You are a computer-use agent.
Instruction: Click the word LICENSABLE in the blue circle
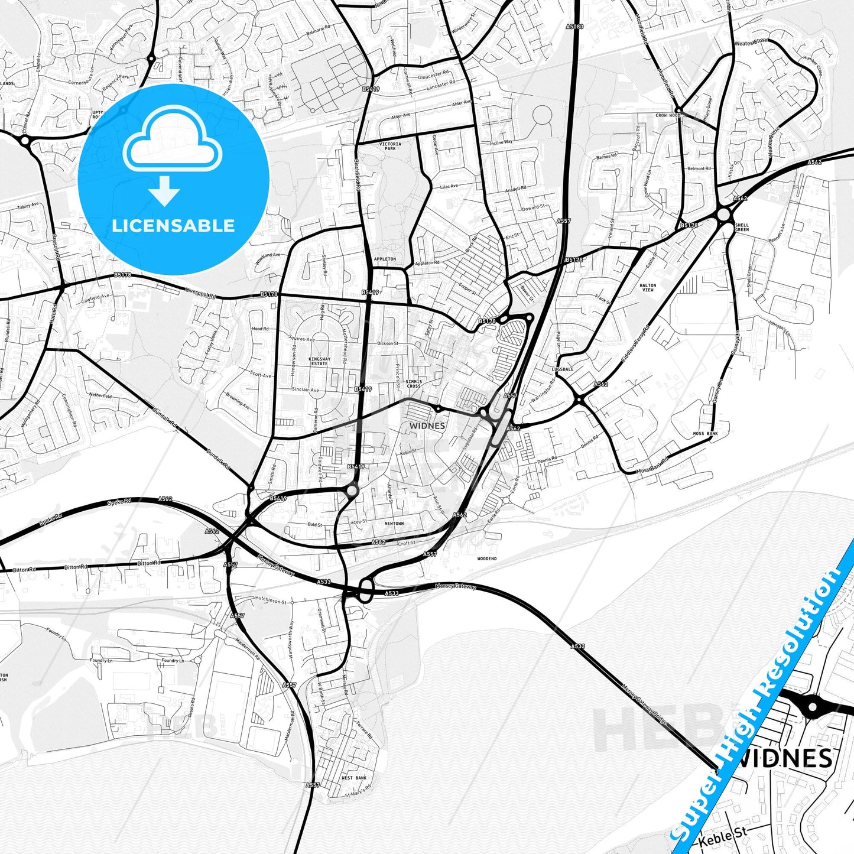[173, 226]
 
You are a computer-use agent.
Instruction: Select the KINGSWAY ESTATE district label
[319, 361]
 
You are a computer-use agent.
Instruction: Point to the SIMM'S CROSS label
[414, 384]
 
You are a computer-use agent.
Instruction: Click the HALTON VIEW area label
[648, 287]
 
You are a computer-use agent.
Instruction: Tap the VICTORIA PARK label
[390, 146]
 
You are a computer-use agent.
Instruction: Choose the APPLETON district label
[385, 259]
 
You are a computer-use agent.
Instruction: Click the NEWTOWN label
[394, 524]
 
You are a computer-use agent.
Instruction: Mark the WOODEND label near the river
[487, 558]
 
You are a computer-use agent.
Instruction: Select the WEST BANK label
[354, 778]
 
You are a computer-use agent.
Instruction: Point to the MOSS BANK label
[705, 434]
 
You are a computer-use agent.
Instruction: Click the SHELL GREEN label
[742, 227]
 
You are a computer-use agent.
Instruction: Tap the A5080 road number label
[574, 27]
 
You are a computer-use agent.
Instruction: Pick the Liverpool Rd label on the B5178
[201, 292]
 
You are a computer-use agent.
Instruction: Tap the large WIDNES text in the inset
[785, 758]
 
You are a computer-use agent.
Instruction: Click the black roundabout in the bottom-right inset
[813, 706]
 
